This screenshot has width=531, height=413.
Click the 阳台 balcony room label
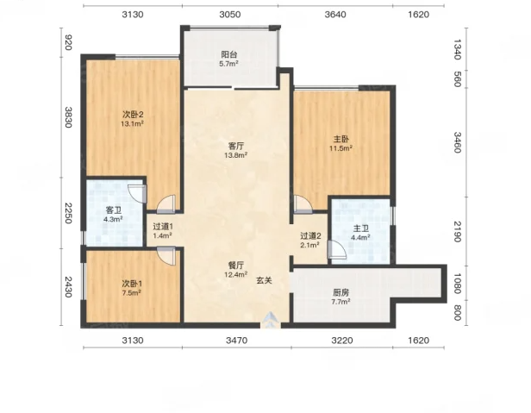pos(229,54)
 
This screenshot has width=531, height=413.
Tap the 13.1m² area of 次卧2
pos(133,123)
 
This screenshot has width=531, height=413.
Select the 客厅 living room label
pos(235,146)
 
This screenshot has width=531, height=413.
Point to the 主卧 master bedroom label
pos(341,139)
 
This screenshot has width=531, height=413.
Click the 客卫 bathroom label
pos(113,210)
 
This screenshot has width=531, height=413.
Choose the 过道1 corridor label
pos(163,226)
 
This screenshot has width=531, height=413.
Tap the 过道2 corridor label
pos(310,235)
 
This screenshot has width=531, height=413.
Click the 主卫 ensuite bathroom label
pos(360,228)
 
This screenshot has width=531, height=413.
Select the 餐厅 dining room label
pos(235,266)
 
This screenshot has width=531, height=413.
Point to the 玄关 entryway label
pos(264,280)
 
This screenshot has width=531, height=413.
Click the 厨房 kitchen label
pos(340,292)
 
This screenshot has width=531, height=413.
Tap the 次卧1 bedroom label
pos(132,284)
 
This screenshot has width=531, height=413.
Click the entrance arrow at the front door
pos(271,320)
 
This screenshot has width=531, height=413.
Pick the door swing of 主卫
pos(337,250)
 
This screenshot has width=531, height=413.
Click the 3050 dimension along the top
pos(230,15)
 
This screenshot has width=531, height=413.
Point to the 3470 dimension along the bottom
pos(237,341)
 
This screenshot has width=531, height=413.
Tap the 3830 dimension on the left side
pos(68,117)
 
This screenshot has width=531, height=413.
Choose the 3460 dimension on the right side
pos(457,142)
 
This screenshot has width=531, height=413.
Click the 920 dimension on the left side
pos(68,42)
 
